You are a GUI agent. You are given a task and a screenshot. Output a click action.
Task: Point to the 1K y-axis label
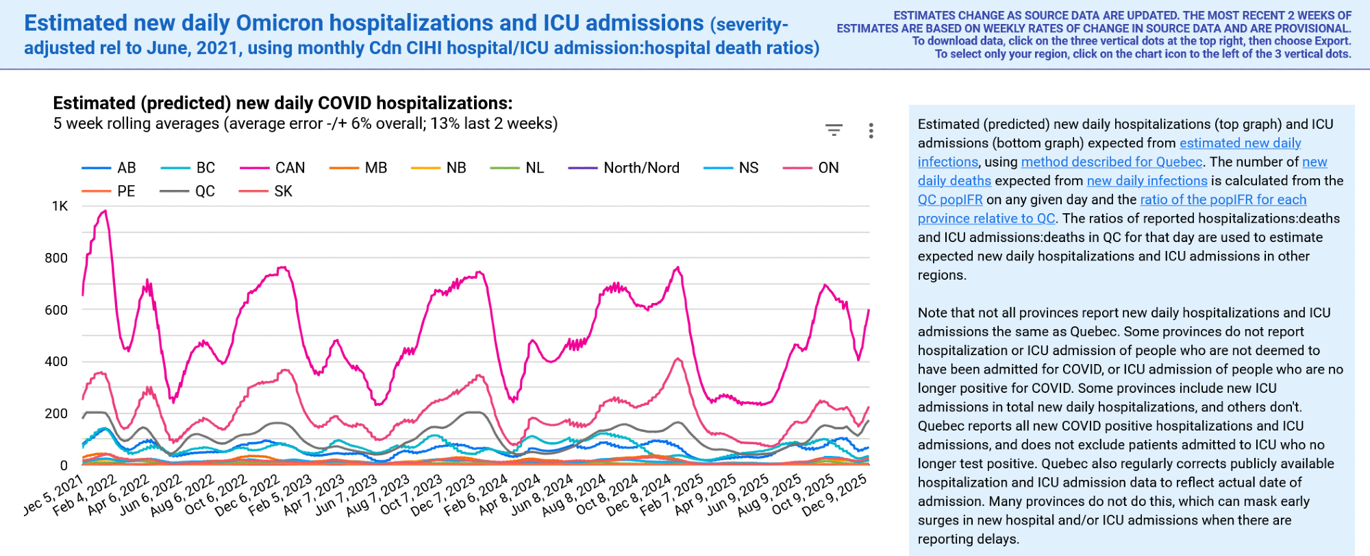pos(60,206)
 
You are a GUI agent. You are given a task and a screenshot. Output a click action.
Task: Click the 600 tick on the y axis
pos(56,310)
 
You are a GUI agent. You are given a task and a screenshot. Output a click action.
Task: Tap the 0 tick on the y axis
pos(64,466)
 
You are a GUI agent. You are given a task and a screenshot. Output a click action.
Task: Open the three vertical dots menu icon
pos(871,131)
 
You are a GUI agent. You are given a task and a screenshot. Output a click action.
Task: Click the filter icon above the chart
pos(834,130)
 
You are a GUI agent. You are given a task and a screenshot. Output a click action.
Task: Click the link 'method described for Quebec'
pos(1111,162)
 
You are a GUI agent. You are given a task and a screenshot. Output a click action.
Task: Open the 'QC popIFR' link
pos(950,200)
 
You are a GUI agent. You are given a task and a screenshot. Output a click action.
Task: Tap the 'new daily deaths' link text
pos(954,181)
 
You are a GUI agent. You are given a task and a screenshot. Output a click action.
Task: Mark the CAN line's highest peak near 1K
pos(105,211)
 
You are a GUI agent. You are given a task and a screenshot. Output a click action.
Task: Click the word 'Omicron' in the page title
pos(279,23)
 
